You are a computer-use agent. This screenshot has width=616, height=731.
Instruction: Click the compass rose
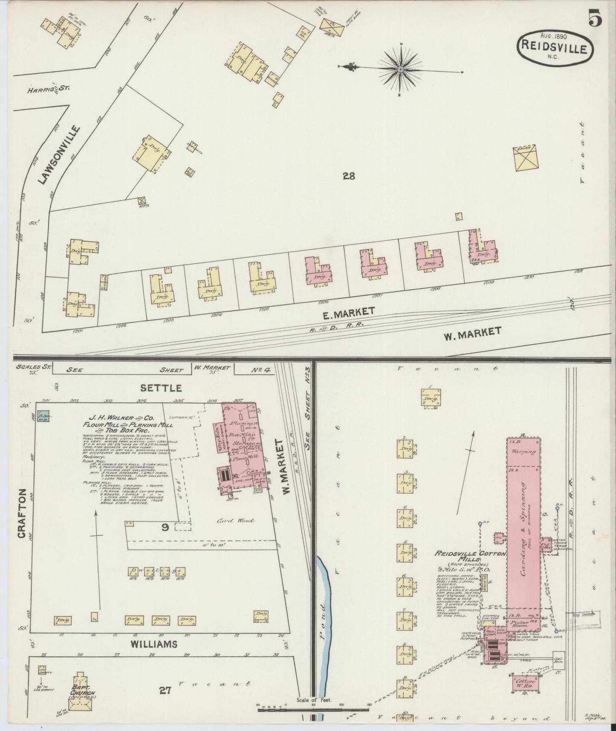pos(401,69)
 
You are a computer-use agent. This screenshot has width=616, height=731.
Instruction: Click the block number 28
pos(348,175)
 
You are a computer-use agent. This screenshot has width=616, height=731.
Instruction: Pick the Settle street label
pos(161,388)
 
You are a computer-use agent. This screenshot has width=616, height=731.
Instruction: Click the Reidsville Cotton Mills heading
pos(470,557)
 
